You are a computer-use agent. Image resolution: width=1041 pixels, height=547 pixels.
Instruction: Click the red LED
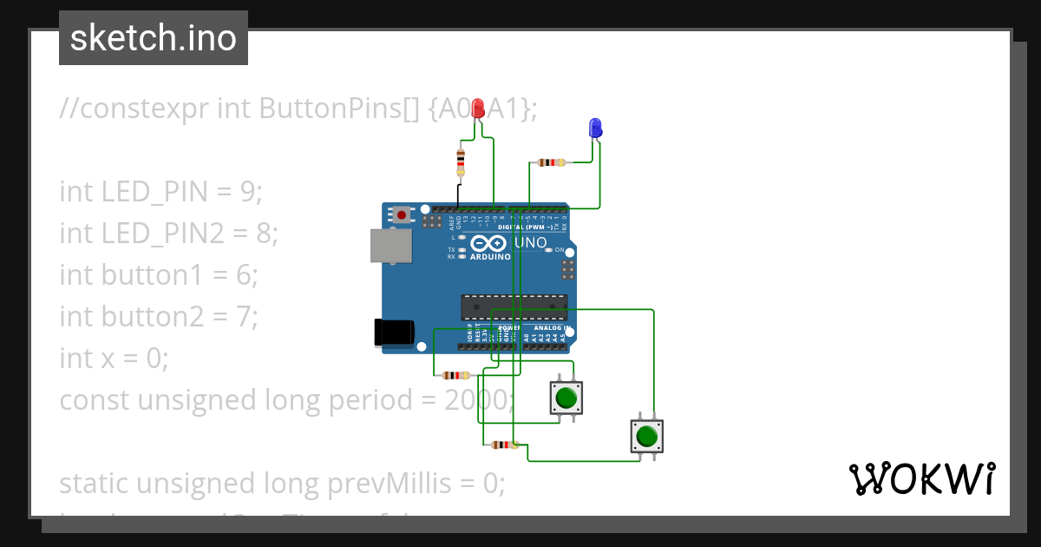(x=478, y=109)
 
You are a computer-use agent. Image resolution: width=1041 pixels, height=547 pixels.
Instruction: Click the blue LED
(x=595, y=128)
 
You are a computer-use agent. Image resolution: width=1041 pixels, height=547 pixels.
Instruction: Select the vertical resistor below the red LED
(x=460, y=161)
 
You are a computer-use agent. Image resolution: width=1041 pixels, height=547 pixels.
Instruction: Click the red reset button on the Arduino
(x=402, y=214)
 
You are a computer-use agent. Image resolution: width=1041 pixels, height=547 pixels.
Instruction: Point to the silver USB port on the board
(x=390, y=246)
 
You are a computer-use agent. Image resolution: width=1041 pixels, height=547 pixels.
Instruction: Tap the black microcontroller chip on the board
(x=514, y=306)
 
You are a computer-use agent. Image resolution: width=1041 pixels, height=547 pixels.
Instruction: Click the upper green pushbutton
(x=566, y=399)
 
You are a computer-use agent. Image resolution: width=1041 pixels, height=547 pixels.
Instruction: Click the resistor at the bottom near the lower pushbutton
(x=502, y=445)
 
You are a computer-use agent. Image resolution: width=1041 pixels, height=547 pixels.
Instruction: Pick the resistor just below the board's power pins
(x=454, y=375)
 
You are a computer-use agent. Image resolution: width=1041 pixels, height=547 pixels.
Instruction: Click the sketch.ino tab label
(x=154, y=38)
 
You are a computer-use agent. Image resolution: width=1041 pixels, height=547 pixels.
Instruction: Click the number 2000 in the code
(x=478, y=400)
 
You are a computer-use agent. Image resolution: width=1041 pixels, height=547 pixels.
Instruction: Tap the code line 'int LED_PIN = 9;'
(x=160, y=191)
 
